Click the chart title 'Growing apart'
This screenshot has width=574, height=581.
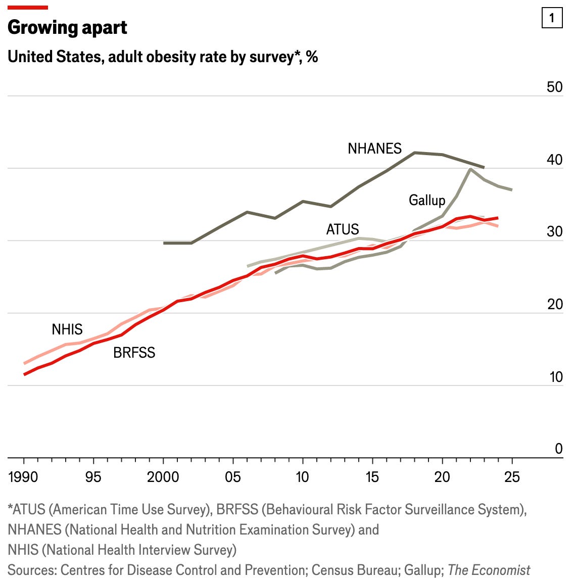click(x=67, y=27)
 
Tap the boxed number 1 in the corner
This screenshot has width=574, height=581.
click(x=551, y=18)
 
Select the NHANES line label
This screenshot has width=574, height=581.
click(x=374, y=149)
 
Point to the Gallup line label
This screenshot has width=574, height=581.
click(x=427, y=200)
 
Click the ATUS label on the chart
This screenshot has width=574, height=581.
click(x=343, y=229)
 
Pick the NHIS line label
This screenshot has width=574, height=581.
click(x=67, y=329)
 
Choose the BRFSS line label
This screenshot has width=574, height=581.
click(x=134, y=353)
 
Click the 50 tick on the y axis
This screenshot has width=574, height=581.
click(x=554, y=87)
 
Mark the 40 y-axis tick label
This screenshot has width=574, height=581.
click(x=554, y=160)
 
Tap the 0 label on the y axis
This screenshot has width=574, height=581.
click(x=558, y=449)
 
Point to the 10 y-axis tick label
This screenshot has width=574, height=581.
click(x=555, y=377)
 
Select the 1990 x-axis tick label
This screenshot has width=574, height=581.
click(x=24, y=477)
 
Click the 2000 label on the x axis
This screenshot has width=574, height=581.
click(x=163, y=477)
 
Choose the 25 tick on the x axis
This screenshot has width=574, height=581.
click(x=512, y=477)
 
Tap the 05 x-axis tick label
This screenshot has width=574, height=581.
click(x=232, y=477)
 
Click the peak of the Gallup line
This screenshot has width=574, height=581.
click(x=470, y=169)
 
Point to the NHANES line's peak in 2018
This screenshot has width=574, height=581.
click(x=415, y=153)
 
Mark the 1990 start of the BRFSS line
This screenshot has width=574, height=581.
click(x=24, y=374)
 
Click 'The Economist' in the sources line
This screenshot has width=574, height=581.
click(x=489, y=570)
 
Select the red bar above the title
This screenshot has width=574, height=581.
click(x=28, y=8)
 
